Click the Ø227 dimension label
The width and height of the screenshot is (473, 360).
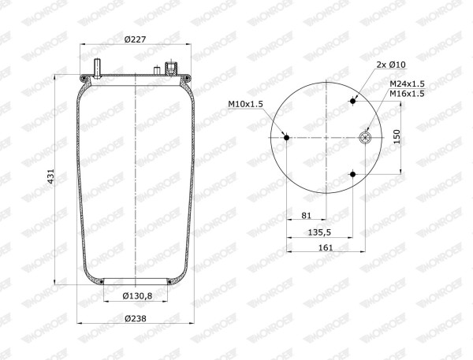tap(135, 39)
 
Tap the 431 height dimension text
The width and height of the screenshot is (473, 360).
tap(51, 176)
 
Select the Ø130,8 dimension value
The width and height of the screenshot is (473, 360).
tap(137, 296)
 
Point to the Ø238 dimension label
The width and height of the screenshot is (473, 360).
tap(136, 318)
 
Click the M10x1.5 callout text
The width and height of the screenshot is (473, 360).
tap(245, 104)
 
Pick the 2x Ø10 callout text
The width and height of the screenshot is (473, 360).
tap(391, 65)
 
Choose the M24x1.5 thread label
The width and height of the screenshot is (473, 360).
tap(407, 84)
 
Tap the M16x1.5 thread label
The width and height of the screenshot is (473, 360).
tap(407, 94)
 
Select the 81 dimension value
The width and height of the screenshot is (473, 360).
tap(306, 215)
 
